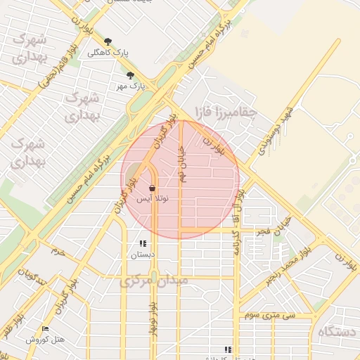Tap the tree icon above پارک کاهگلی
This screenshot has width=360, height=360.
pyautogui.click(x=108, y=42)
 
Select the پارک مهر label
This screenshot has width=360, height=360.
pyautogui.click(x=129, y=86)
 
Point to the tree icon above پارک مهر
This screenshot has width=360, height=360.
pyautogui.click(x=129, y=75)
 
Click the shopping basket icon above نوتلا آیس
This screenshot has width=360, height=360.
pyautogui.click(x=153, y=188)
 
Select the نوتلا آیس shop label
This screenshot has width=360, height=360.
pyautogui.click(x=153, y=199)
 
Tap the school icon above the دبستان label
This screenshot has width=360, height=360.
pyautogui.click(x=143, y=244)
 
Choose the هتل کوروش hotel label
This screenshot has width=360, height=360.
pyautogui.click(x=45, y=340)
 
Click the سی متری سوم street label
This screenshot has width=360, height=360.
pyautogui.click(x=286, y=316)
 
